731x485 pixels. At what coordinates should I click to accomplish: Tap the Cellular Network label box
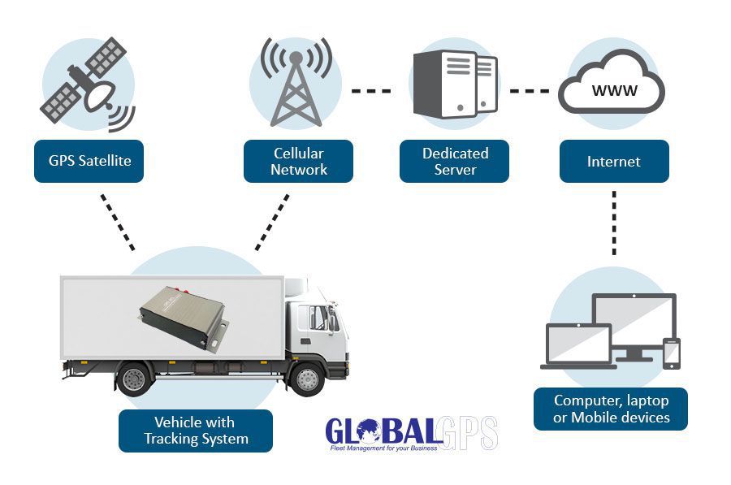click(x=299, y=161)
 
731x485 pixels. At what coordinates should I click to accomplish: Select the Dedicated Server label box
click(x=455, y=161)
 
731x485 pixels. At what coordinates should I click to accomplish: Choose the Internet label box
click(x=614, y=161)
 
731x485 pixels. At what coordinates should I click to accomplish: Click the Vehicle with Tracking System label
click(x=196, y=431)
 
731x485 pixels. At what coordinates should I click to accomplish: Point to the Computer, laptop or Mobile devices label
click(x=611, y=409)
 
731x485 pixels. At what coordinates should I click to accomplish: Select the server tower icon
click(x=455, y=84)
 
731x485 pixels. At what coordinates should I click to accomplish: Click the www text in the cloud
click(x=614, y=90)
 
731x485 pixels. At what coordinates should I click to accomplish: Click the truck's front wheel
click(x=307, y=378)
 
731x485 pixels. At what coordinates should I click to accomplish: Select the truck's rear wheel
click(x=135, y=379)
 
